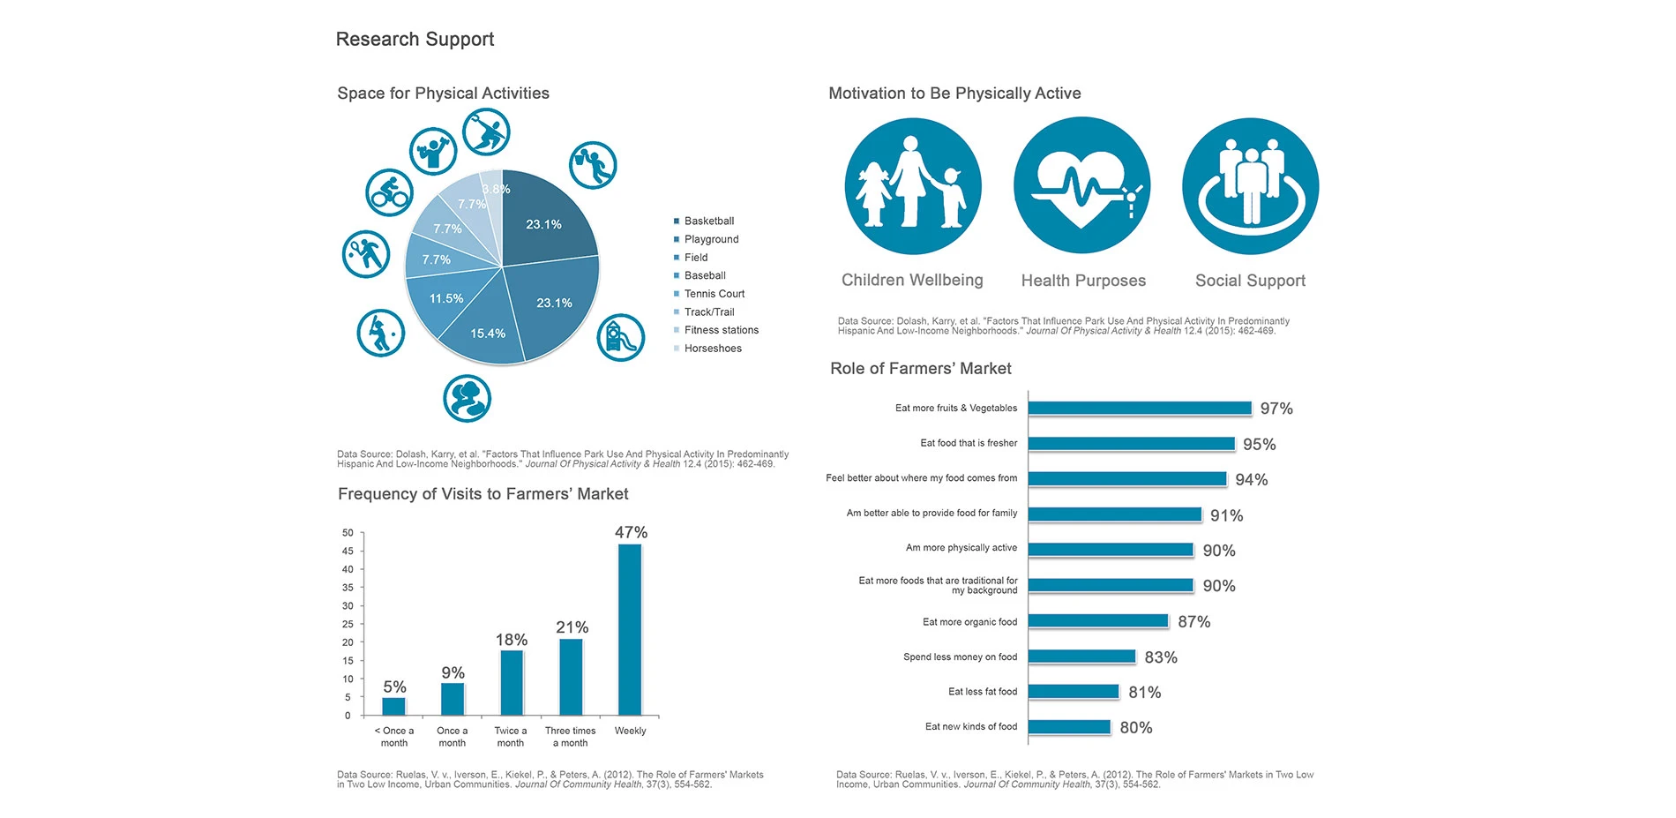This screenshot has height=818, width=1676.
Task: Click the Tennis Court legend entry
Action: point(714,294)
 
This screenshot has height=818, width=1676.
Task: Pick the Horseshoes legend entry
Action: point(712,349)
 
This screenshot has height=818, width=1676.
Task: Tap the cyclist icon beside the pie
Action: point(389,192)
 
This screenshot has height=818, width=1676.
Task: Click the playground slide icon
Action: point(620,337)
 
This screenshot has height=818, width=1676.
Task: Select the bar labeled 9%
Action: point(453,699)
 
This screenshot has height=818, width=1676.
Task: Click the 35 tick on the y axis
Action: point(348,588)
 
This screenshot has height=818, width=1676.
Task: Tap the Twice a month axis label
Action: point(510,737)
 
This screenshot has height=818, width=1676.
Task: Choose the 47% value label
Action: point(631,532)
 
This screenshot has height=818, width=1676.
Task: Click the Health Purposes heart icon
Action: point(1081,186)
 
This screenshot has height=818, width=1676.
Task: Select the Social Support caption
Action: point(1250,281)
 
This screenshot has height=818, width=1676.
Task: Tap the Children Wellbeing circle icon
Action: point(913,186)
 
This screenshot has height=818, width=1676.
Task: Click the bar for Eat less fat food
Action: point(1074,692)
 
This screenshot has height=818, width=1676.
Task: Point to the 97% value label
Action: point(1276,409)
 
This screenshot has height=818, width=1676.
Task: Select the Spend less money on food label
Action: point(960,657)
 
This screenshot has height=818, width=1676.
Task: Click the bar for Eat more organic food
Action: point(1098,621)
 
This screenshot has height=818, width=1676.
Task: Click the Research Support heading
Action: point(415,40)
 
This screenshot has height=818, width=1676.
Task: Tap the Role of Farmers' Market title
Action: point(920,369)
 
